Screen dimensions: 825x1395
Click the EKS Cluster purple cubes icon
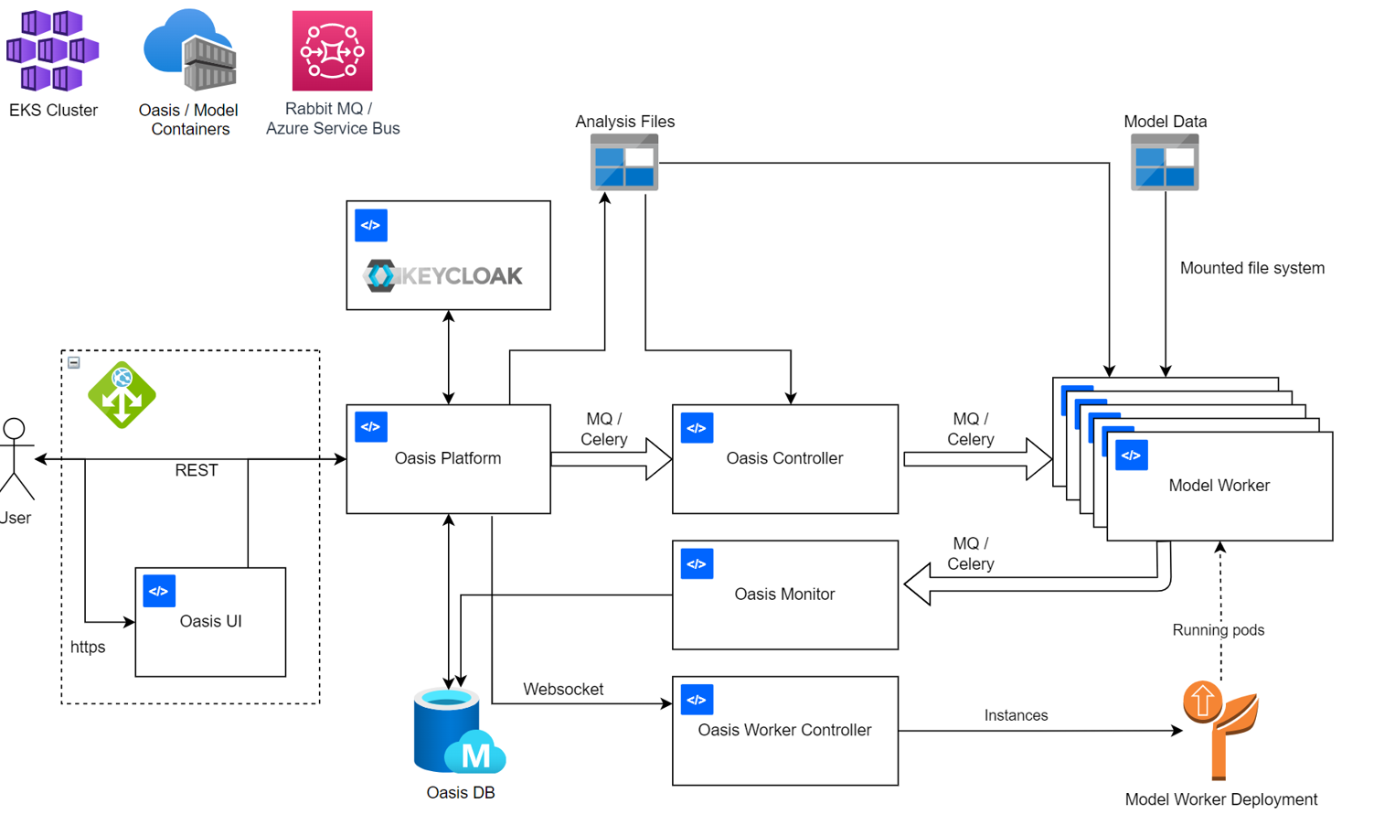(52, 50)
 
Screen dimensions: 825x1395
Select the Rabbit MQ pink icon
(332, 50)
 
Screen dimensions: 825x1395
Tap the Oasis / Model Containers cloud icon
(190, 50)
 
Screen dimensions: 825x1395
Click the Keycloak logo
(443, 275)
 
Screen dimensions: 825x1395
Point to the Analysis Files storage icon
(624, 163)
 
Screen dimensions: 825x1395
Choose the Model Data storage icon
(1164, 163)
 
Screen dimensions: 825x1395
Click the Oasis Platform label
(447, 458)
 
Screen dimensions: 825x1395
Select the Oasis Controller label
(784, 458)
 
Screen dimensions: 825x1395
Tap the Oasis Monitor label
(784, 595)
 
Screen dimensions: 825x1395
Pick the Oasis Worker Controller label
(784, 730)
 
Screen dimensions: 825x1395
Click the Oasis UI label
(210, 621)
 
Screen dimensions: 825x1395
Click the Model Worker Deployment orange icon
(1220, 728)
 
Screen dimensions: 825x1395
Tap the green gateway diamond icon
(122, 395)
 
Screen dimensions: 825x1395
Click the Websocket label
(563, 690)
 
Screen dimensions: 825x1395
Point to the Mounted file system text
(1251, 268)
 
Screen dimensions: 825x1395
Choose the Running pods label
(1218, 630)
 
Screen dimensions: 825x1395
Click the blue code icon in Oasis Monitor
(697, 564)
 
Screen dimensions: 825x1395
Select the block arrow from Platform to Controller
(612, 459)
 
